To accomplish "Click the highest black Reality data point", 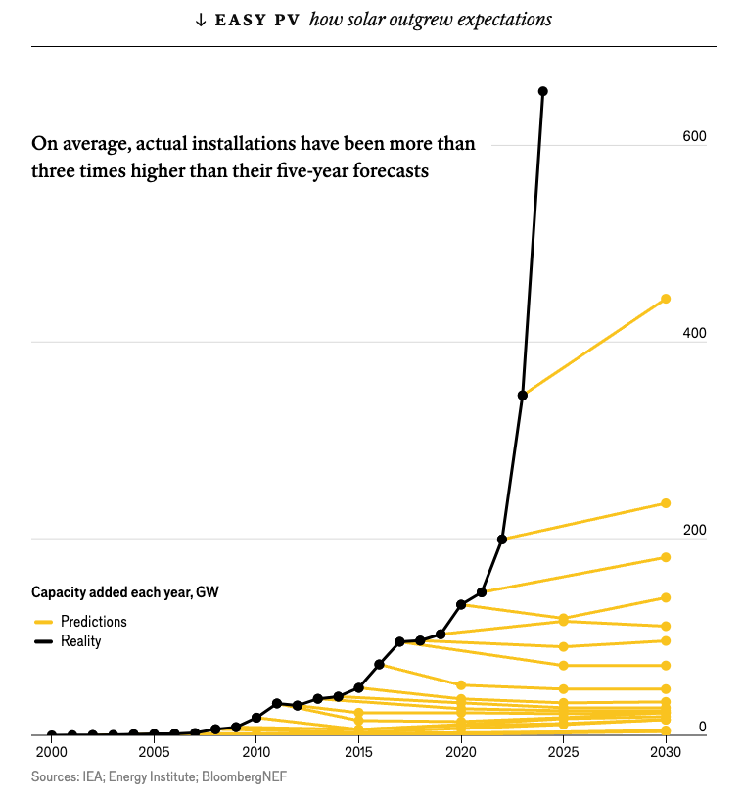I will pyautogui.click(x=543, y=91).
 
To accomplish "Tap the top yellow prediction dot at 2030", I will pyautogui.click(x=666, y=299).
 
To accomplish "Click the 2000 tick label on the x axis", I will pyautogui.click(x=51, y=753).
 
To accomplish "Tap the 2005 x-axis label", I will pyautogui.click(x=154, y=753).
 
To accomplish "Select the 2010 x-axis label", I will pyautogui.click(x=256, y=753).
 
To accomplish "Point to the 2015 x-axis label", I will pyautogui.click(x=358, y=753).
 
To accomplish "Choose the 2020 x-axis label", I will pyautogui.click(x=461, y=753).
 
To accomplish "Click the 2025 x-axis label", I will pyautogui.click(x=563, y=753).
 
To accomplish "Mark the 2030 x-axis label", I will pyautogui.click(x=666, y=753).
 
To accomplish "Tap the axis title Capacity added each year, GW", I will pyautogui.click(x=125, y=591).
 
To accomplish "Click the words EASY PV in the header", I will pyautogui.click(x=256, y=20).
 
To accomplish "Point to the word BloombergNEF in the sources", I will pyautogui.click(x=245, y=776).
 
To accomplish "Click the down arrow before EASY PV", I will pyautogui.click(x=201, y=20).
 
